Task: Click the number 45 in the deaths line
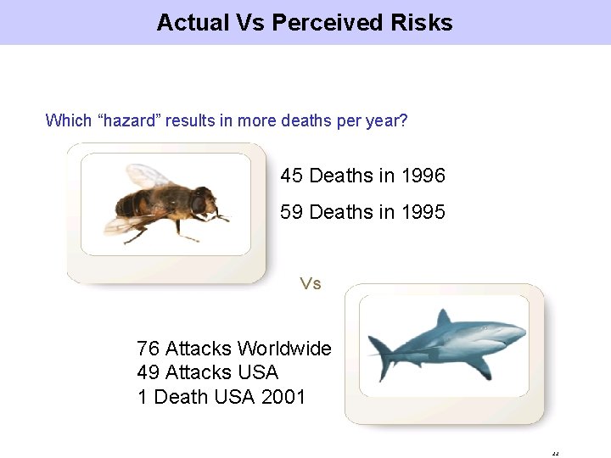coord(292,176)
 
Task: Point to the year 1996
coord(423,176)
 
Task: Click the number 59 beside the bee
coord(292,212)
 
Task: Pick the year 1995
coord(423,212)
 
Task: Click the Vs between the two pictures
coord(311,283)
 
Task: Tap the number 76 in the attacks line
coord(148,349)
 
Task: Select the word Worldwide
coord(284,349)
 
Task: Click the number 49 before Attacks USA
coord(148,372)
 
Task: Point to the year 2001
coord(283,396)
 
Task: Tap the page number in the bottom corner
coord(555,452)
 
